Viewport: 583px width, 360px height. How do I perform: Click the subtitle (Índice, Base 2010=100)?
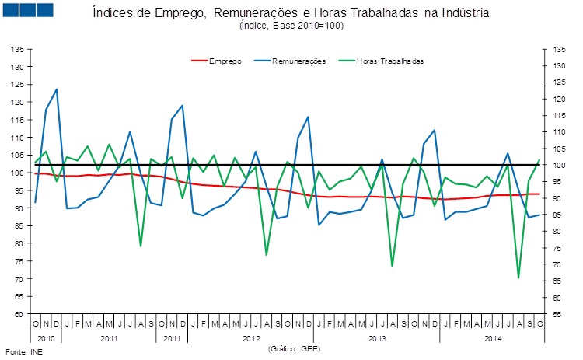click(292, 26)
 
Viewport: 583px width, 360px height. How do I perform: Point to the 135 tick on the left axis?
click(16, 48)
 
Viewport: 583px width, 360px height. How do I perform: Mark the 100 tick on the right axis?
click(558, 165)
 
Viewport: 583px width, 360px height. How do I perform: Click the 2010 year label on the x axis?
click(46, 340)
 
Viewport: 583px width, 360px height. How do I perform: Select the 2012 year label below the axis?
click(251, 340)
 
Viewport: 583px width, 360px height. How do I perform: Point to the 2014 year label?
click(493, 340)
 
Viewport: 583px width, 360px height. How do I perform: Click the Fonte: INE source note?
click(21, 351)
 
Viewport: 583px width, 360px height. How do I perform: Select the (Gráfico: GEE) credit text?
click(294, 350)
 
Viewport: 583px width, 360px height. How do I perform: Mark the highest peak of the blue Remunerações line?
click(56, 89)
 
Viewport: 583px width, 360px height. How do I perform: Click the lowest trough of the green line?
click(518, 278)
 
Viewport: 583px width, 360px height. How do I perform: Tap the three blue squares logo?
click(28, 10)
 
